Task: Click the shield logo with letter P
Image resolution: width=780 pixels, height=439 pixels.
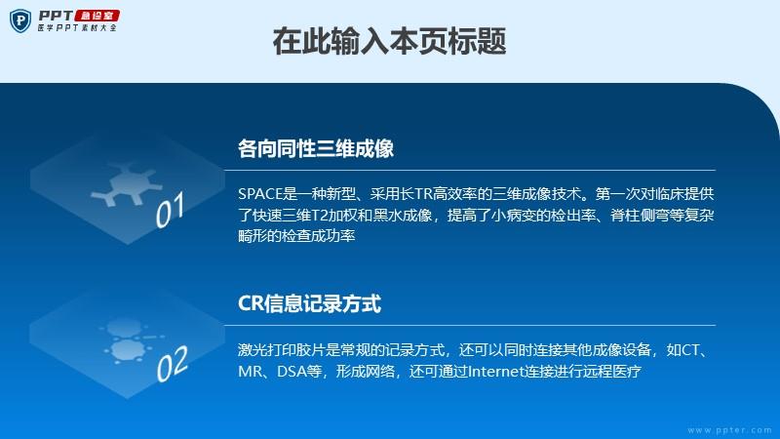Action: (20, 20)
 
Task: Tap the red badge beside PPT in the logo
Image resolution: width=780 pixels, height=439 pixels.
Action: (97, 16)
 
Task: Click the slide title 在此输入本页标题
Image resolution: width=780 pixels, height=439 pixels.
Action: (389, 41)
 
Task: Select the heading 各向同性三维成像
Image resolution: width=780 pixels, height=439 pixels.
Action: (316, 148)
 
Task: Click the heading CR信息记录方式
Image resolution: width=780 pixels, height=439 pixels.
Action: (309, 303)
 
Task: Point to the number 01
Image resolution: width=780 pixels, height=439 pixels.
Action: (170, 210)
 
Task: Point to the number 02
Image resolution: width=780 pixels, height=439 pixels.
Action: (173, 364)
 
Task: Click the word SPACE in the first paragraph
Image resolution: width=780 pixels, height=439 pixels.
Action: (259, 193)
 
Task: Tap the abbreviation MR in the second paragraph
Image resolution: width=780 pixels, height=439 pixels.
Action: (250, 372)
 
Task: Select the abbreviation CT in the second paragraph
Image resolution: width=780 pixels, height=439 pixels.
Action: (689, 350)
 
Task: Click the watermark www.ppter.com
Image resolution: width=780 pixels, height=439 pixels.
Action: (730, 430)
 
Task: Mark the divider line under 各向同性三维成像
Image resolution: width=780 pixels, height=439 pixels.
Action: (470, 170)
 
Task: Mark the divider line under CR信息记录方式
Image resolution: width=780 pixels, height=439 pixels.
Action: (470, 326)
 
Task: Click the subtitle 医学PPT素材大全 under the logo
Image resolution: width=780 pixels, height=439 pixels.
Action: (77, 28)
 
